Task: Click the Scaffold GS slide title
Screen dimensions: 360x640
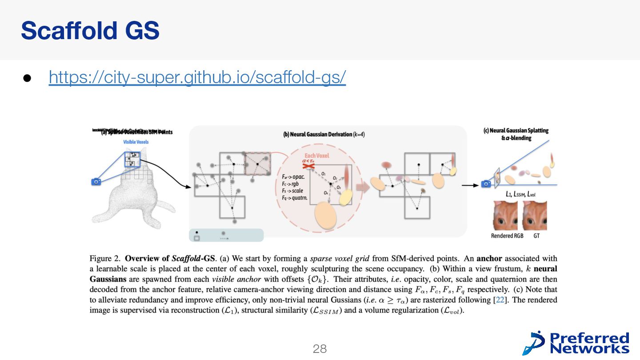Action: click(x=90, y=30)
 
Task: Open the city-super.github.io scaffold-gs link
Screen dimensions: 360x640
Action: click(x=197, y=77)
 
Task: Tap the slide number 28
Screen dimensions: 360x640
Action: click(x=320, y=349)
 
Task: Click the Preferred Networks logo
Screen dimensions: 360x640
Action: click(x=576, y=343)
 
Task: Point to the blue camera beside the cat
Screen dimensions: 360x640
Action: click(x=96, y=181)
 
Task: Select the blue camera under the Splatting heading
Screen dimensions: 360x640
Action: click(x=487, y=184)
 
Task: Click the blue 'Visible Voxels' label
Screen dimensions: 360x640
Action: click(x=136, y=142)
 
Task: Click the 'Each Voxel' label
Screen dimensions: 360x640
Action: click(x=317, y=156)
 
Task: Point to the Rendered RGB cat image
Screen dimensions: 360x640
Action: click(x=507, y=215)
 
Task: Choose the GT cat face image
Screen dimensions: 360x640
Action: click(x=535, y=215)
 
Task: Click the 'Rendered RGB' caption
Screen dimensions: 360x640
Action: click(x=507, y=236)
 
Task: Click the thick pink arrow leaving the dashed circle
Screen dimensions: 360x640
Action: click(x=363, y=187)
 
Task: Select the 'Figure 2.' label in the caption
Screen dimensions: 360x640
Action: click(x=105, y=258)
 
